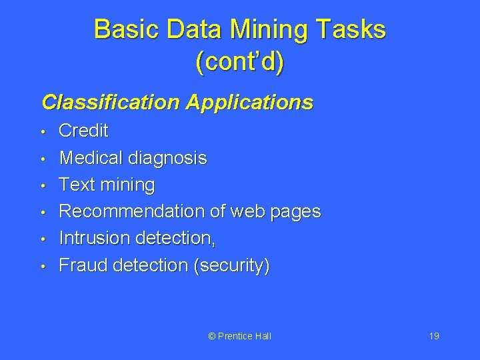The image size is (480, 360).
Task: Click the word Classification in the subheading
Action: click(x=111, y=102)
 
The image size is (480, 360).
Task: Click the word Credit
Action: click(x=83, y=131)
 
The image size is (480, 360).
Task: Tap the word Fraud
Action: click(x=83, y=265)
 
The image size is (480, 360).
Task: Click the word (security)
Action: click(x=231, y=266)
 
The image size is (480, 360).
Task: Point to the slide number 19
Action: click(x=434, y=336)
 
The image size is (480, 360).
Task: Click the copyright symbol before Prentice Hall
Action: click(x=212, y=336)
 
